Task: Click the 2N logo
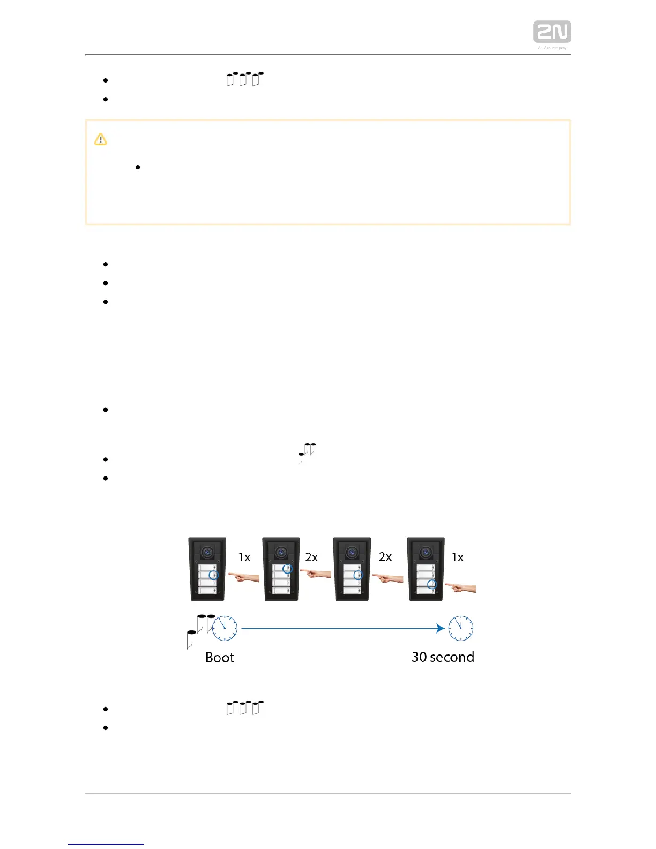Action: (x=551, y=32)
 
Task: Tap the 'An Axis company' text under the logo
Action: (x=552, y=48)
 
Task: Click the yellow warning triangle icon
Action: (x=101, y=139)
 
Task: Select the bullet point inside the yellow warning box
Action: (x=138, y=167)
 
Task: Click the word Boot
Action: (x=220, y=658)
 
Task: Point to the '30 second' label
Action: (x=443, y=657)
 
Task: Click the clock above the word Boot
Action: (x=225, y=628)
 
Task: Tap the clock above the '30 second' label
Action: (x=461, y=628)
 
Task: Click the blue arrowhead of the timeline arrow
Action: (x=441, y=628)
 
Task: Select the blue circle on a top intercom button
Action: (x=287, y=568)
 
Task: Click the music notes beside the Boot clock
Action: (x=199, y=629)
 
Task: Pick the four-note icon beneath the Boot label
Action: (x=245, y=707)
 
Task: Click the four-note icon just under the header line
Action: (x=245, y=79)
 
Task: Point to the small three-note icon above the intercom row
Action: (x=307, y=453)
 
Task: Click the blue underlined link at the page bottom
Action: (x=106, y=844)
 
